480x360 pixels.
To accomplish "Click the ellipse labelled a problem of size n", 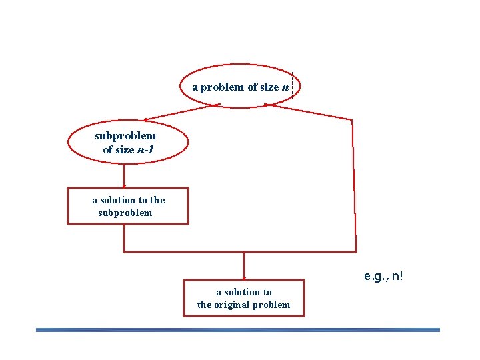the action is [240, 87].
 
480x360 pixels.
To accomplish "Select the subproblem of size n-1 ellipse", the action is [126, 142].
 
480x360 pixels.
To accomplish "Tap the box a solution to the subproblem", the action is [128, 206].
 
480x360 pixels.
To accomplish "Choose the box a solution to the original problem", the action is [243, 298].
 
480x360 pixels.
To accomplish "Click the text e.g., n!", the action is [384, 275].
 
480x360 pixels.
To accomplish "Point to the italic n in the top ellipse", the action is [285, 87].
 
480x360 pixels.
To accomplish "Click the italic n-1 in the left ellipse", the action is [145, 149].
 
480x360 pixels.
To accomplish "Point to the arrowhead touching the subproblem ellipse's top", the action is [147, 119].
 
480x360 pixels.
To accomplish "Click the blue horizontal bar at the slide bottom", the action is [238, 329].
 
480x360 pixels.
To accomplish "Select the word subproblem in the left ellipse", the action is [125, 136].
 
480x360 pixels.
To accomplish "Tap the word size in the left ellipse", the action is [125, 149].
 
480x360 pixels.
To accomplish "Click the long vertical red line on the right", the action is [353, 187].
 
